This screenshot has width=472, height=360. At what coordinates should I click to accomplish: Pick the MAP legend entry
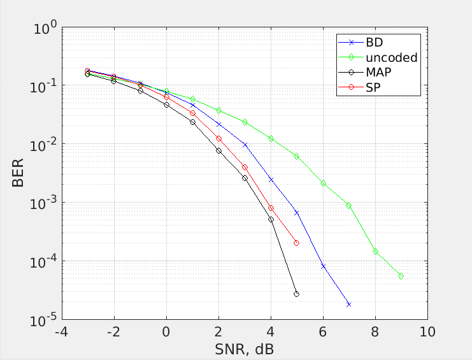click(378, 73)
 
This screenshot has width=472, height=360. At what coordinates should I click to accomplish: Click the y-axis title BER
click(18, 173)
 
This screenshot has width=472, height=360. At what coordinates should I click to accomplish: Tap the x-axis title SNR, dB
click(245, 349)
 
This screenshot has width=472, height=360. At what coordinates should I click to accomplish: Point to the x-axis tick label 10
click(427, 333)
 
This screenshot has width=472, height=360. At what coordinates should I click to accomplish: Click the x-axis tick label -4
click(61, 333)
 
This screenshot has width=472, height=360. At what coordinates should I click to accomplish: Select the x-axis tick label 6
click(323, 333)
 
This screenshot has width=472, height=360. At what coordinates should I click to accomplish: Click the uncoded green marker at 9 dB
click(401, 276)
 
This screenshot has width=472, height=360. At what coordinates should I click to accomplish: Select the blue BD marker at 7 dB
click(349, 305)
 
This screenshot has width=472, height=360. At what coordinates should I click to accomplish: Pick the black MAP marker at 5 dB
click(297, 294)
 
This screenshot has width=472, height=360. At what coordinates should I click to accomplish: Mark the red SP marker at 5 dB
click(297, 243)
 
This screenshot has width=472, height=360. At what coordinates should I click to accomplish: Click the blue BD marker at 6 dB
click(323, 266)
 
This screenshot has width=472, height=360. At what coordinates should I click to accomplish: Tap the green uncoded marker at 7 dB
click(349, 205)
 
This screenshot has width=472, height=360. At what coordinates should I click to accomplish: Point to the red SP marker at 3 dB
click(245, 168)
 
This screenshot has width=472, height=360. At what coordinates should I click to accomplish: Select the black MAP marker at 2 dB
click(218, 151)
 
